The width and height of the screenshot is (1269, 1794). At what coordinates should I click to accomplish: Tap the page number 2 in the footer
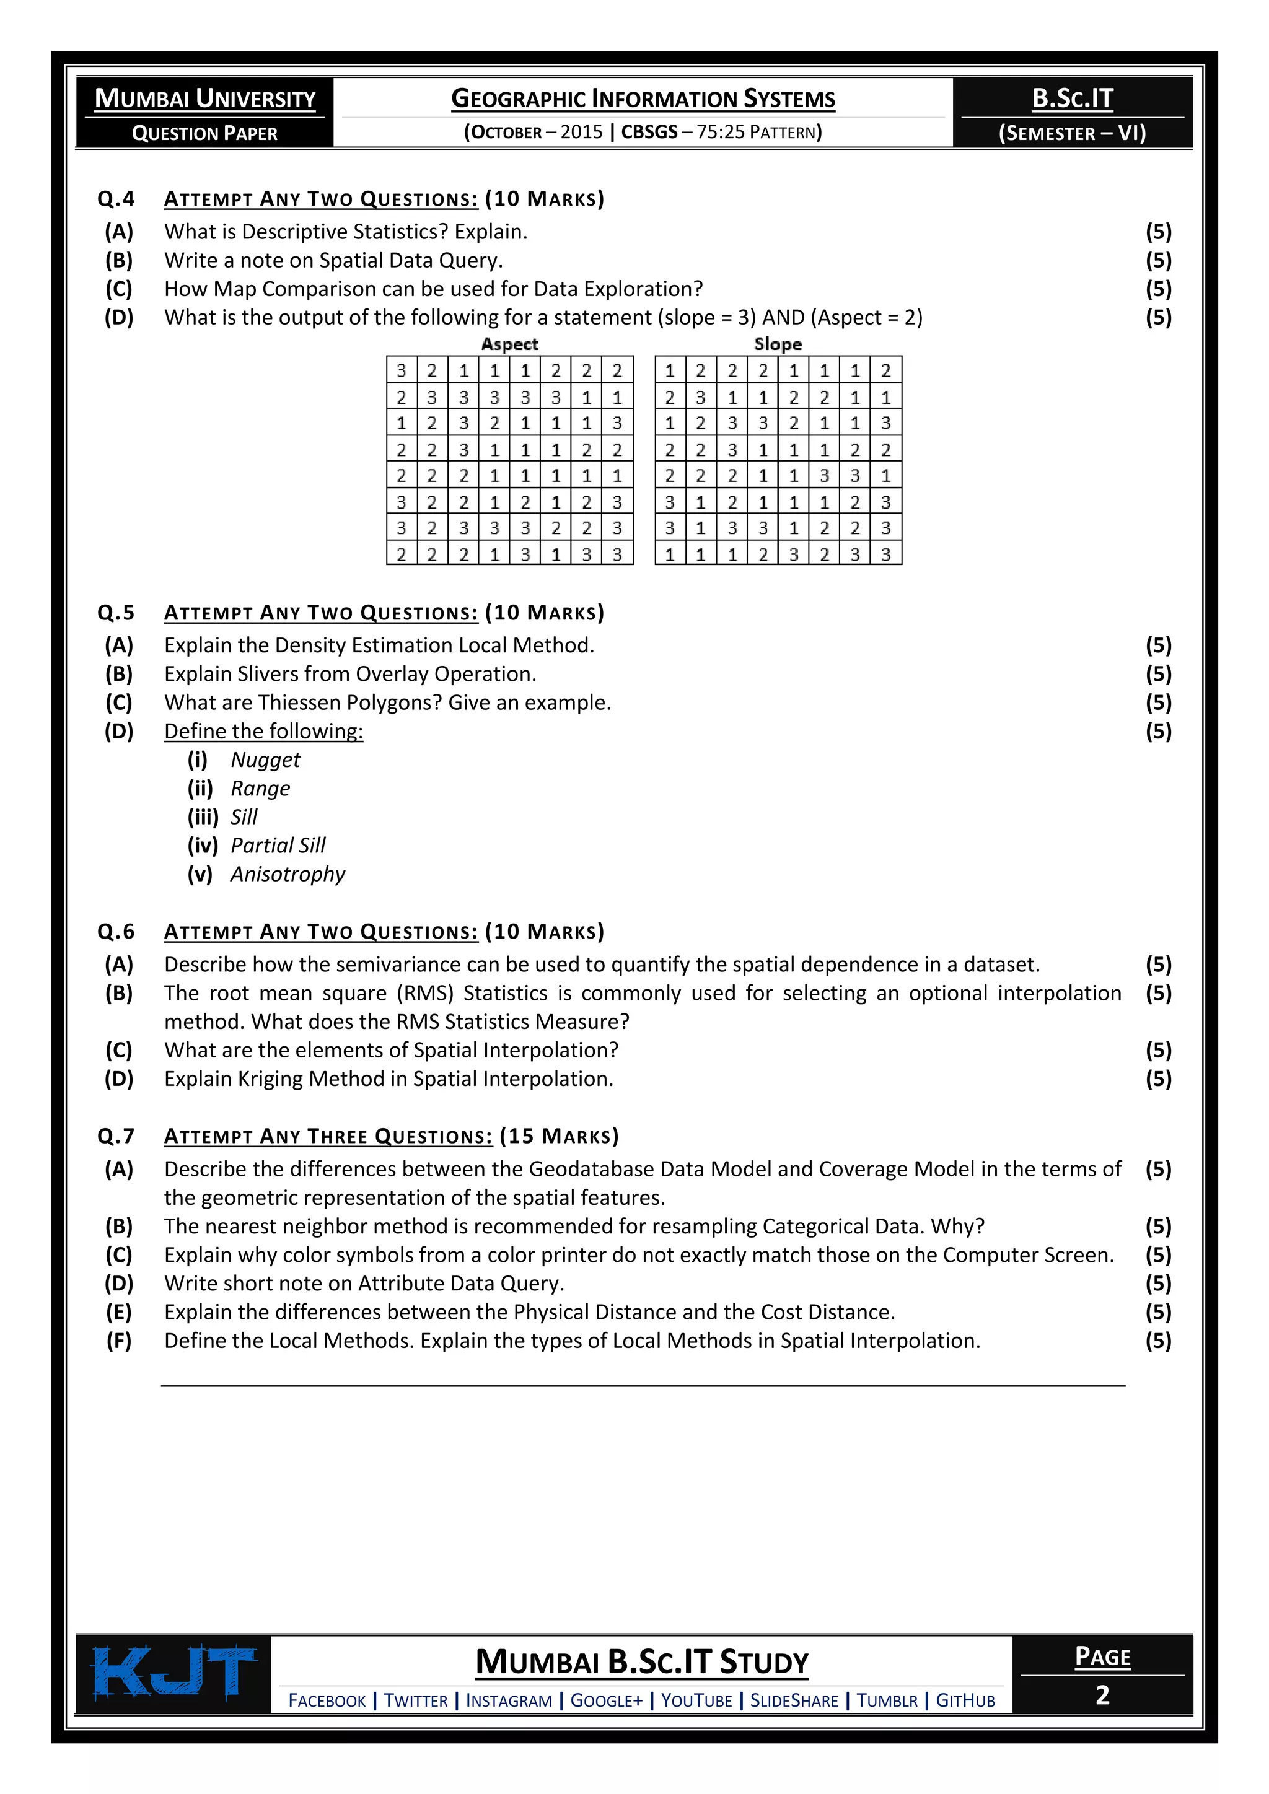click(1102, 1695)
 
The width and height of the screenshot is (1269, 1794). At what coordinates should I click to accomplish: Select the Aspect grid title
click(509, 344)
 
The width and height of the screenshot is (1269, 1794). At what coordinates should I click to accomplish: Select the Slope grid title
click(778, 344)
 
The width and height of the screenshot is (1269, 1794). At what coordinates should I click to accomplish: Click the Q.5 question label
click(116, 613)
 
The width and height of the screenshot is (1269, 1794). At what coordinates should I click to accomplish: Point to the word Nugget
click(266, 759)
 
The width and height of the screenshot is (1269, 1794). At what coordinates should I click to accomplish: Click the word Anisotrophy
click(288, 873)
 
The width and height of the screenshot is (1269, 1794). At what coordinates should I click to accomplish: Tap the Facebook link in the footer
click(327, 1700)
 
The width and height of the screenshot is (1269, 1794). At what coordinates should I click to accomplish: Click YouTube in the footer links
click(696, 1700)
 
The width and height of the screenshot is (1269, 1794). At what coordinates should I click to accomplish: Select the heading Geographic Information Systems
click(643, 99)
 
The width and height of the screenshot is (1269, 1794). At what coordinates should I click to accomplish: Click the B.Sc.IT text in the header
click(1072, 98)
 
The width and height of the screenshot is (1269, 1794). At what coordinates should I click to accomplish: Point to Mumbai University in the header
click(204, 98)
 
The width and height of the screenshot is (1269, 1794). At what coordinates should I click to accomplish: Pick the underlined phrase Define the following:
click(263, 732)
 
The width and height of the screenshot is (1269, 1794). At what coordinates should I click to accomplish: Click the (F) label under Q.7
click(119, 1341)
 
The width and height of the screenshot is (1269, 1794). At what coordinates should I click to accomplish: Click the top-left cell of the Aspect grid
click(402, 370)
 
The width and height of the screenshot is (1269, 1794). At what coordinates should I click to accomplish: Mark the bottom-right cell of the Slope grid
click(885, 554)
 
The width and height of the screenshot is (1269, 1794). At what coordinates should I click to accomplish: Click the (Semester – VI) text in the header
click(1072, 133)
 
